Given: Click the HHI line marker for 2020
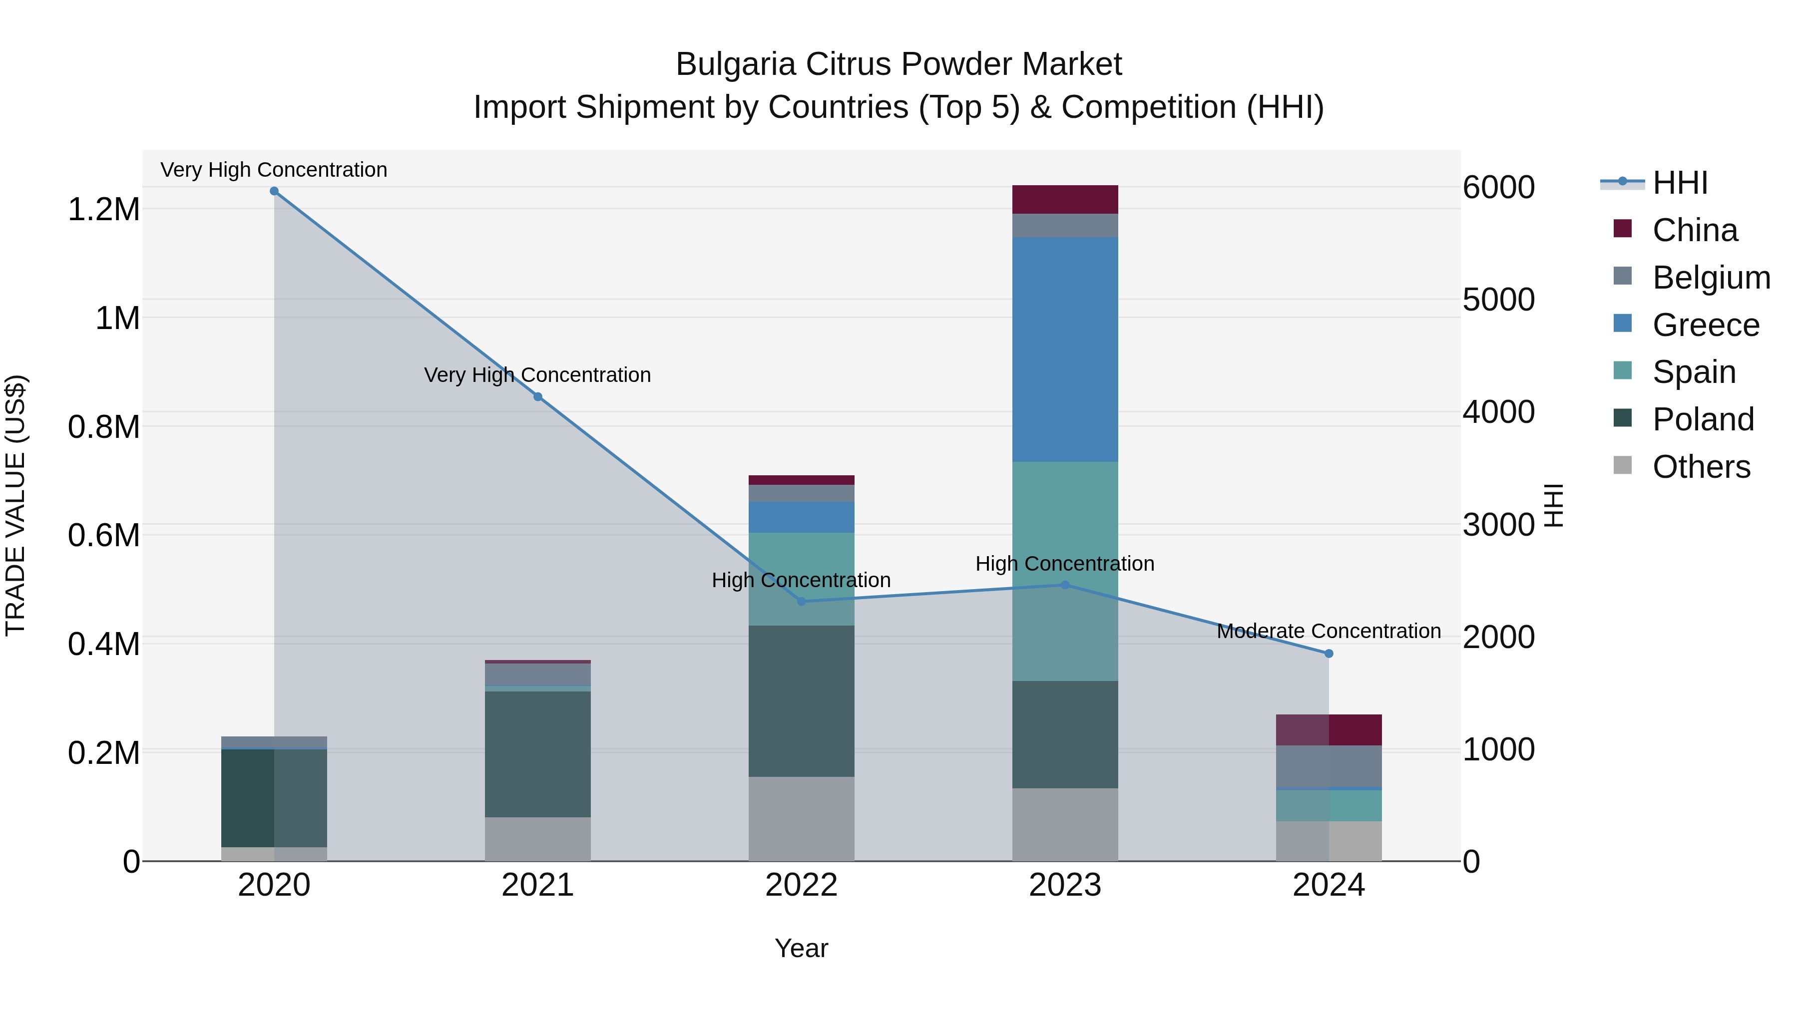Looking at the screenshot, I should click(x=274, y=191).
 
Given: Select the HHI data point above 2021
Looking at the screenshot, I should click(x=537, y=397).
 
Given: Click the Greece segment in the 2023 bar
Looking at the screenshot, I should click(x=1065, y=349).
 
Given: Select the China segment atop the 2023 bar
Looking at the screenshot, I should click(x=1065, y=200).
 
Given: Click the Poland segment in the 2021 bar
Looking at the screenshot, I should click(x=537, y=753).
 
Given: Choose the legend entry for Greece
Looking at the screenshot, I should click(x=1705, y=325).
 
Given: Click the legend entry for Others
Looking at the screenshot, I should click(x=1701, y=467).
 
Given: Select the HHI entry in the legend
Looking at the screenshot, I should click(x=1679, y=183).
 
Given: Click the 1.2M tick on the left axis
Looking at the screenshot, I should click(x=103, y=209).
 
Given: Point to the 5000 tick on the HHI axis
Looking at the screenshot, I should click(x=1498, y=300).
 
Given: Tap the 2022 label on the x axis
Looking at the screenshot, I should click(x=801, y=885).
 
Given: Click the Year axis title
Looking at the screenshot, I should click(x=801, y=948).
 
